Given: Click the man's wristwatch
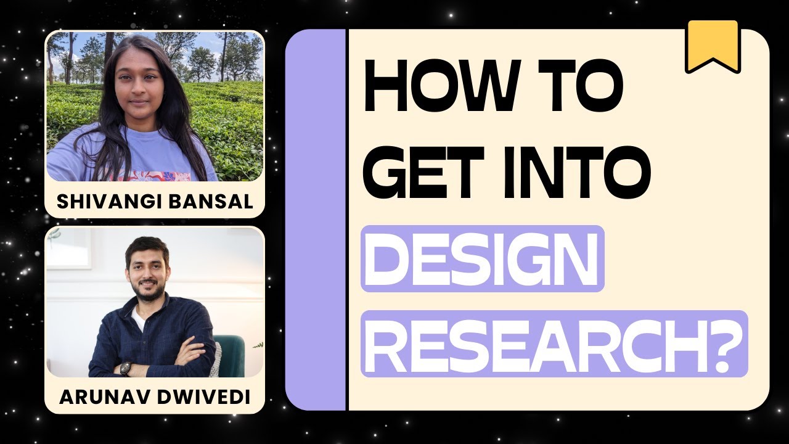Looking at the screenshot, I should click(126, 368).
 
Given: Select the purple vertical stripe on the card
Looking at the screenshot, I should click(316, 220).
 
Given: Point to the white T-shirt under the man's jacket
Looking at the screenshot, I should click(139, 318).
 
